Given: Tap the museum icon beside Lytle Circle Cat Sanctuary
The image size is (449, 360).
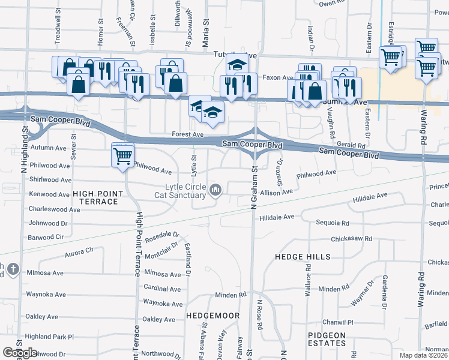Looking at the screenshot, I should pos(216,191).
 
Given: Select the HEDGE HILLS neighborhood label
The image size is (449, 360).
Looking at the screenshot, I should pos(303,257).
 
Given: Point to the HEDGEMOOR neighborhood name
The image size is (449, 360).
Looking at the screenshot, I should pos(213,315).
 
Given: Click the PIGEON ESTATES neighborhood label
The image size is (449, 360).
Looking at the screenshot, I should pos(327,340).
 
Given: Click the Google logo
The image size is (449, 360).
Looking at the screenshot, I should pos(20,353).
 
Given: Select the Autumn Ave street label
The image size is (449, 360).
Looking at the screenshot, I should pos(48,148).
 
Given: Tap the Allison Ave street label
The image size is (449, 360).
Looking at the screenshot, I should pos(276,192).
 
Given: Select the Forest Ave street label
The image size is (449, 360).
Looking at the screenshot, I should pos(184,135).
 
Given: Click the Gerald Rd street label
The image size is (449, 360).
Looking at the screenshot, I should pos(351,145).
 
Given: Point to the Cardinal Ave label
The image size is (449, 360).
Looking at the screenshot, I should pos(162,289).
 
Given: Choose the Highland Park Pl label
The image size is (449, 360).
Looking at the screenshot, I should pos(49,337).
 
